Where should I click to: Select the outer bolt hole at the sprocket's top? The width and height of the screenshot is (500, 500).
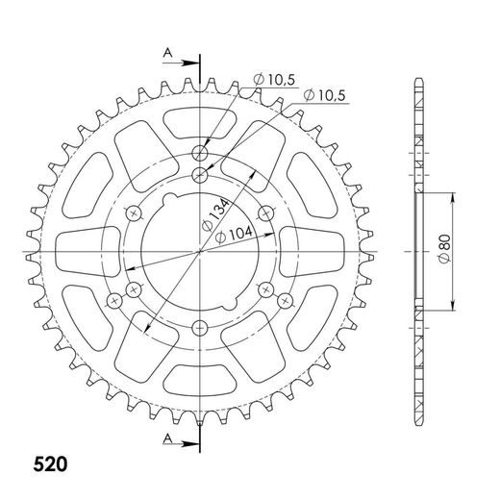(x=201, y=152)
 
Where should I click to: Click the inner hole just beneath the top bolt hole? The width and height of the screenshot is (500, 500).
(x=201, y=174)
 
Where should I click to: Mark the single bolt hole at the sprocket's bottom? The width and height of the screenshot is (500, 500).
(x=201, y=327)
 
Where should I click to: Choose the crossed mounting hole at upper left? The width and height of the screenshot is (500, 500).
(x=136, y=212)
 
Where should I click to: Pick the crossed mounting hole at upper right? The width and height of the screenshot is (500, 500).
(x=266, y=212)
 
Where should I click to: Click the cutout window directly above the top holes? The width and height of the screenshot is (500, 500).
(x=201, y=123)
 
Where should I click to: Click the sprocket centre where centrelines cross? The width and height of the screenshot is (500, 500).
(x=201, y=251)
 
